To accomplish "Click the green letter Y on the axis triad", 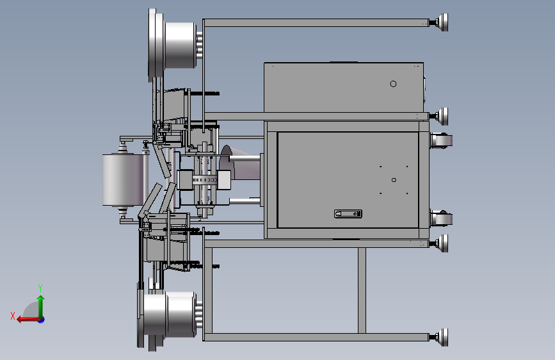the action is [x=40, y=288].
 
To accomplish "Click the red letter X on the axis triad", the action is [x=13, y=316].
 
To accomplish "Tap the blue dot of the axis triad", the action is [x=42, y=320].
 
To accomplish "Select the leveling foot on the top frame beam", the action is [x=439, y=22].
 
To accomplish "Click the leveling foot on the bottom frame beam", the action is [x=439, y=338].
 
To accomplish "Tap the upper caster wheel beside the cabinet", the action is [x=442, y=140].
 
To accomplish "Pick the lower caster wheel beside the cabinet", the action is [x=442, y=218].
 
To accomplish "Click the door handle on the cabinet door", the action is [x=348, y=214].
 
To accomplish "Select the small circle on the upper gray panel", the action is [x=393, y=84].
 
